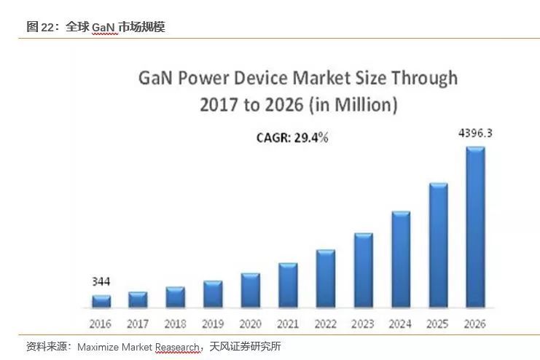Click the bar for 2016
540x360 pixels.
click(101, 301)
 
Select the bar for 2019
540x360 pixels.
click(213, 294)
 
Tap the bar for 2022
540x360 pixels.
click(325, 278)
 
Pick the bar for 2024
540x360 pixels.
click(401, 259)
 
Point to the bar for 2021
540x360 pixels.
click(288, 285)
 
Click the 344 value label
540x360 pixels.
click(101, 281)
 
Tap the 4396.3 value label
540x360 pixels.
click(475, 133)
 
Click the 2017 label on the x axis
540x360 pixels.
click(138, 324)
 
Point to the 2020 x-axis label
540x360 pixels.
click(250, 324)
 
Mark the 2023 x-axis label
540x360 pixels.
click(363, 324)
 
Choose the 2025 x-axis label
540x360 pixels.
click(438, 324)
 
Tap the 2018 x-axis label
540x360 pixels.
click(176, 324)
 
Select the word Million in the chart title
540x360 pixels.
click(364, 104)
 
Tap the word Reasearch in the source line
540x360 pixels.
click(177, 347)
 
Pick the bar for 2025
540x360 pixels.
click(438, 245)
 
